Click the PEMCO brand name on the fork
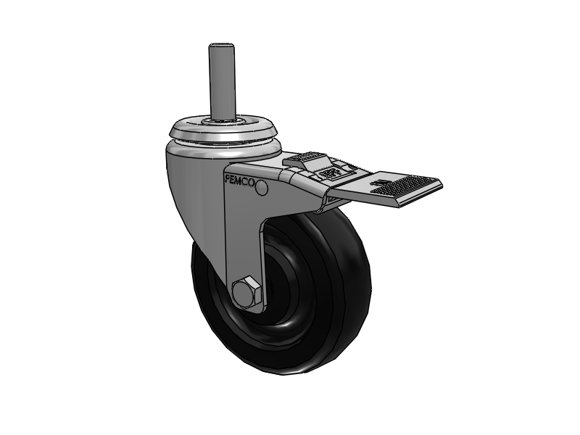[240, 181]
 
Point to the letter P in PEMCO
[228, 176]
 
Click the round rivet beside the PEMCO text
[262, 188]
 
